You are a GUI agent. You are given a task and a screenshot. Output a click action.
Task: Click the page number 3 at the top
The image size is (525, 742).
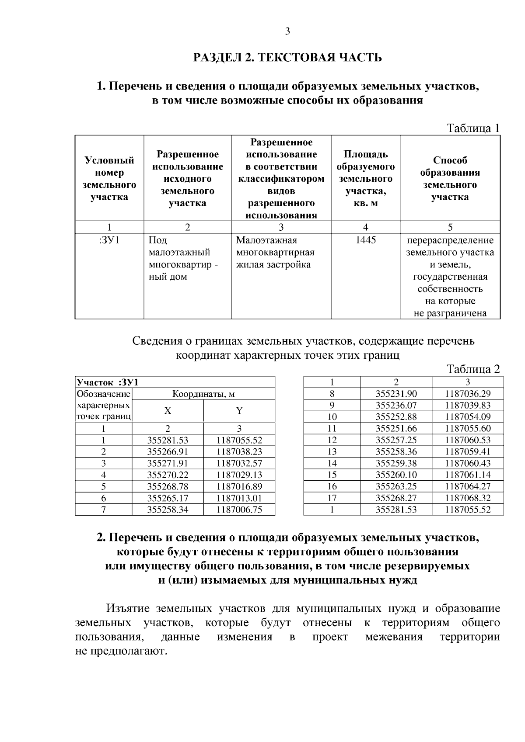[x=287, y=31]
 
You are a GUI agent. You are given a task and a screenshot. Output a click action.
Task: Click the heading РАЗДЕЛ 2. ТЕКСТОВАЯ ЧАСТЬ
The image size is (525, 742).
[x=287, y=57]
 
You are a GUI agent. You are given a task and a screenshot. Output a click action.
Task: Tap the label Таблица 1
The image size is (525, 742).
[x=472, y=128]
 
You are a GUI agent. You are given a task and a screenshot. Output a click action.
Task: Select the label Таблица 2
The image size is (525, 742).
[x=473, y=369]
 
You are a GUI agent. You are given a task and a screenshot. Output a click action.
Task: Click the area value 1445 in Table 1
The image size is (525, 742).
[x=366, y=240]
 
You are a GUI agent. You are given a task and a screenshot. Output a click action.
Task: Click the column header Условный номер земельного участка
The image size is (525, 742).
[x=109, y=178]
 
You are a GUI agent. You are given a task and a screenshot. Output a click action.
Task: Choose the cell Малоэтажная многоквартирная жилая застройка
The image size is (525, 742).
[x=275, y=252]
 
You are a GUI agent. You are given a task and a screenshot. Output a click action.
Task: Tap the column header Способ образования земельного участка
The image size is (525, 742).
[x=450, y=178]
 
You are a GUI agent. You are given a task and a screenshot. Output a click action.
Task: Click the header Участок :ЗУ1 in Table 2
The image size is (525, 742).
[x=108, y=382]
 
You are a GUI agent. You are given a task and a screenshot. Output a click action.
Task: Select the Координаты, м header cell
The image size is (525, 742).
[x=203, y=394]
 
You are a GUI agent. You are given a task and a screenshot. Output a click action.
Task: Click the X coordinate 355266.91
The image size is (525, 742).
[x=168, y=451]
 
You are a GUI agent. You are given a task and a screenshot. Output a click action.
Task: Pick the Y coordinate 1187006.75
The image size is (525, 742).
[x=239, y=510]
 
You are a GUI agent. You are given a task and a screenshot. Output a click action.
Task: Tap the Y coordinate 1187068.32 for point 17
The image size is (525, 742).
[x=468, y=498]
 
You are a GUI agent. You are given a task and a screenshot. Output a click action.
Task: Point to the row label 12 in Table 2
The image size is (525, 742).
[x=332, y=440]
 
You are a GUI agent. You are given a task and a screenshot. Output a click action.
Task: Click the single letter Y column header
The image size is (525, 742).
[x=239, y=411]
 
